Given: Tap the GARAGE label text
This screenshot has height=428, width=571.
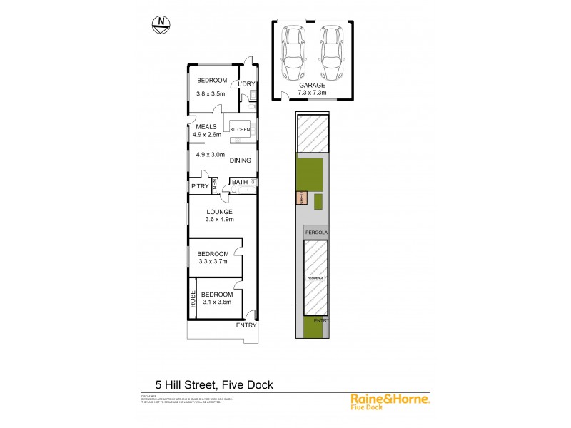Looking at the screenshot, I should point(312,84).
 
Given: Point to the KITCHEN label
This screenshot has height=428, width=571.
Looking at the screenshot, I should point(240,129).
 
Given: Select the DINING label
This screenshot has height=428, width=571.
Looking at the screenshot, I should point(240,160).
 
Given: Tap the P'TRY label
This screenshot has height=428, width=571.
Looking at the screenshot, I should point(199,186).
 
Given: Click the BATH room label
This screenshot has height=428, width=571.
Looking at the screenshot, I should point(239,183).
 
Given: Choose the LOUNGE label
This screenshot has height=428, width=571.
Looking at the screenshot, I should point(221,212).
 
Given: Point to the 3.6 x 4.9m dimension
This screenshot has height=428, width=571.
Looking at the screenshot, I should point(221,220).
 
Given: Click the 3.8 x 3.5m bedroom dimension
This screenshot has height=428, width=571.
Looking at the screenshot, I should point(211,93).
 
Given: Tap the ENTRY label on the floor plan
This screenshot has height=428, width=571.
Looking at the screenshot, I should point(246,326).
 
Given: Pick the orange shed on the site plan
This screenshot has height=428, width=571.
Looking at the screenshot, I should point(300,198).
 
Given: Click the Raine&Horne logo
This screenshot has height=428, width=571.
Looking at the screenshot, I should point(390,400).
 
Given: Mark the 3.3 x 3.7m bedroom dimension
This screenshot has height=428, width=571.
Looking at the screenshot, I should point(213,263).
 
